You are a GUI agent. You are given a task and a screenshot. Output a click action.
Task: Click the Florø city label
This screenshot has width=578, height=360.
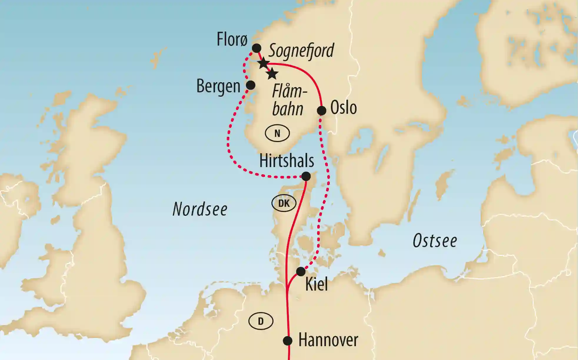(x=232, y=39)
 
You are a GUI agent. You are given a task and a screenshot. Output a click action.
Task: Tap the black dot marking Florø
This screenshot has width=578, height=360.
(x=256, y=48)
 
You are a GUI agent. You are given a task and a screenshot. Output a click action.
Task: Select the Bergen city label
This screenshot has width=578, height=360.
(x=218, y=86)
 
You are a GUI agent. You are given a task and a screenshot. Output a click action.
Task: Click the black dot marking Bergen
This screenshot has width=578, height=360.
(x=250, y=85)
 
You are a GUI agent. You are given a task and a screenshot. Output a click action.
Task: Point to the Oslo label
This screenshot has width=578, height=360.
(x=343, y=108)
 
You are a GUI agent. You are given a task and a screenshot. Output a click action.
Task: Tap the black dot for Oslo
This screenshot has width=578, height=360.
(x=322, y=111)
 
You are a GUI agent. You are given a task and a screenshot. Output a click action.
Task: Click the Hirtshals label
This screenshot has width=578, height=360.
(x=286, y=161)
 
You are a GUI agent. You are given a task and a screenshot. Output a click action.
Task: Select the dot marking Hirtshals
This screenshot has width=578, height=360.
(x=306, y=176)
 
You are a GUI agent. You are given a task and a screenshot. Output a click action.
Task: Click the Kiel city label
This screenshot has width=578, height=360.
(x=317, y=284)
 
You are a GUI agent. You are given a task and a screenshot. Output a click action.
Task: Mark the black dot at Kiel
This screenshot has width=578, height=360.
(x=301, y=271)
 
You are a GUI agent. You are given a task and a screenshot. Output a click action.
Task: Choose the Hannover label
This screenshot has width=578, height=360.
(x=328, y=340)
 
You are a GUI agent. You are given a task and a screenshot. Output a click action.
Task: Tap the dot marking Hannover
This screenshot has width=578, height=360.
(x=287, y=341)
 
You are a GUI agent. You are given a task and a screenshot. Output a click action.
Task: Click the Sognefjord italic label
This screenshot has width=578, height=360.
(x=301, y=51)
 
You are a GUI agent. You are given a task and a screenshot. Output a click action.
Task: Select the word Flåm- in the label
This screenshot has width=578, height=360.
(x=289, y=91)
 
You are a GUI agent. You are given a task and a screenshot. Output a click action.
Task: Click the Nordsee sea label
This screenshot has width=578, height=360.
(x=200, y=209)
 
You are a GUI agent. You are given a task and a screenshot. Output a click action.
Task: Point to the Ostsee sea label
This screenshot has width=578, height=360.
(x=435, y=241)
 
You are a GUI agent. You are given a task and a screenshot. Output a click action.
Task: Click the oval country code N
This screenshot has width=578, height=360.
(x=277, y=134)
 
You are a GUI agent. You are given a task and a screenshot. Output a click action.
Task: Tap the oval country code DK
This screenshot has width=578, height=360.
(x=284, y=203)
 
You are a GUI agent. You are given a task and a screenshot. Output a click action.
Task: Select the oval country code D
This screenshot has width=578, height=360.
(x=261, y=321)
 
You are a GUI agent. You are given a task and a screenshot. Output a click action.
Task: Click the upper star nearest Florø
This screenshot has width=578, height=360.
(x=263, y=63)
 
